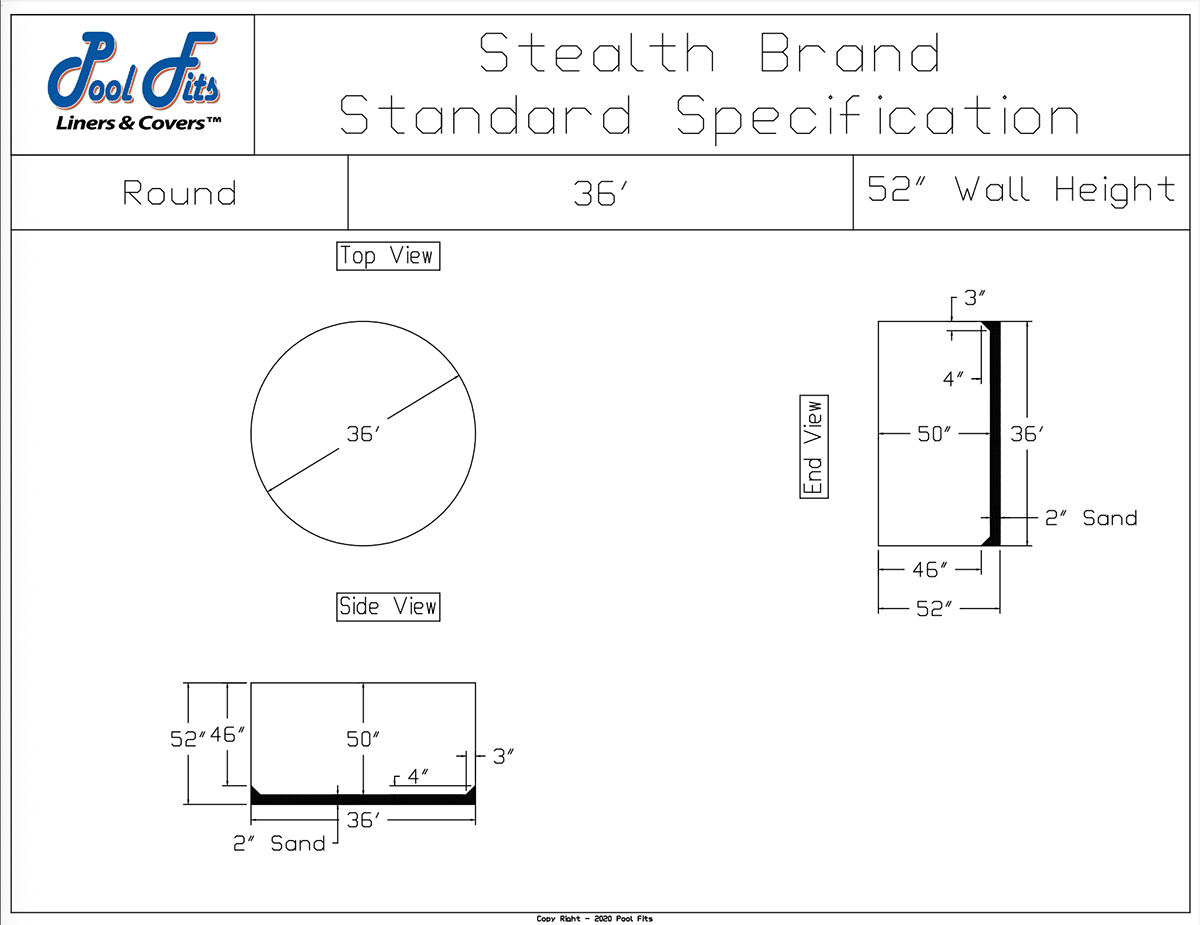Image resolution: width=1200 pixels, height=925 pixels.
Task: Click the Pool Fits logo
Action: click(x=134, y=82)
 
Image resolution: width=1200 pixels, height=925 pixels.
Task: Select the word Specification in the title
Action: click(x=878, y=116)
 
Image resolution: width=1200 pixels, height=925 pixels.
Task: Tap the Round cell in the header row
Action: click(x=179, y=193)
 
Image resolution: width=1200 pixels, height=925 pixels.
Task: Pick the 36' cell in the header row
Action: click(x=600, y=193)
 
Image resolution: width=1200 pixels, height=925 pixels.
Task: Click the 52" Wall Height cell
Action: click(x=1021, y=191)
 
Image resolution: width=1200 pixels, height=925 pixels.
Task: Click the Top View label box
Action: click(x=388, y=256)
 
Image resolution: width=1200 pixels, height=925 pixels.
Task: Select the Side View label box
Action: click(x=388, y=607)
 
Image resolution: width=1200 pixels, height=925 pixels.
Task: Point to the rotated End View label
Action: click(x=814, y=447)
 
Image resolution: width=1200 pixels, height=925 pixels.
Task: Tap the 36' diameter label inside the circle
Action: click(x=363, y=434)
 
